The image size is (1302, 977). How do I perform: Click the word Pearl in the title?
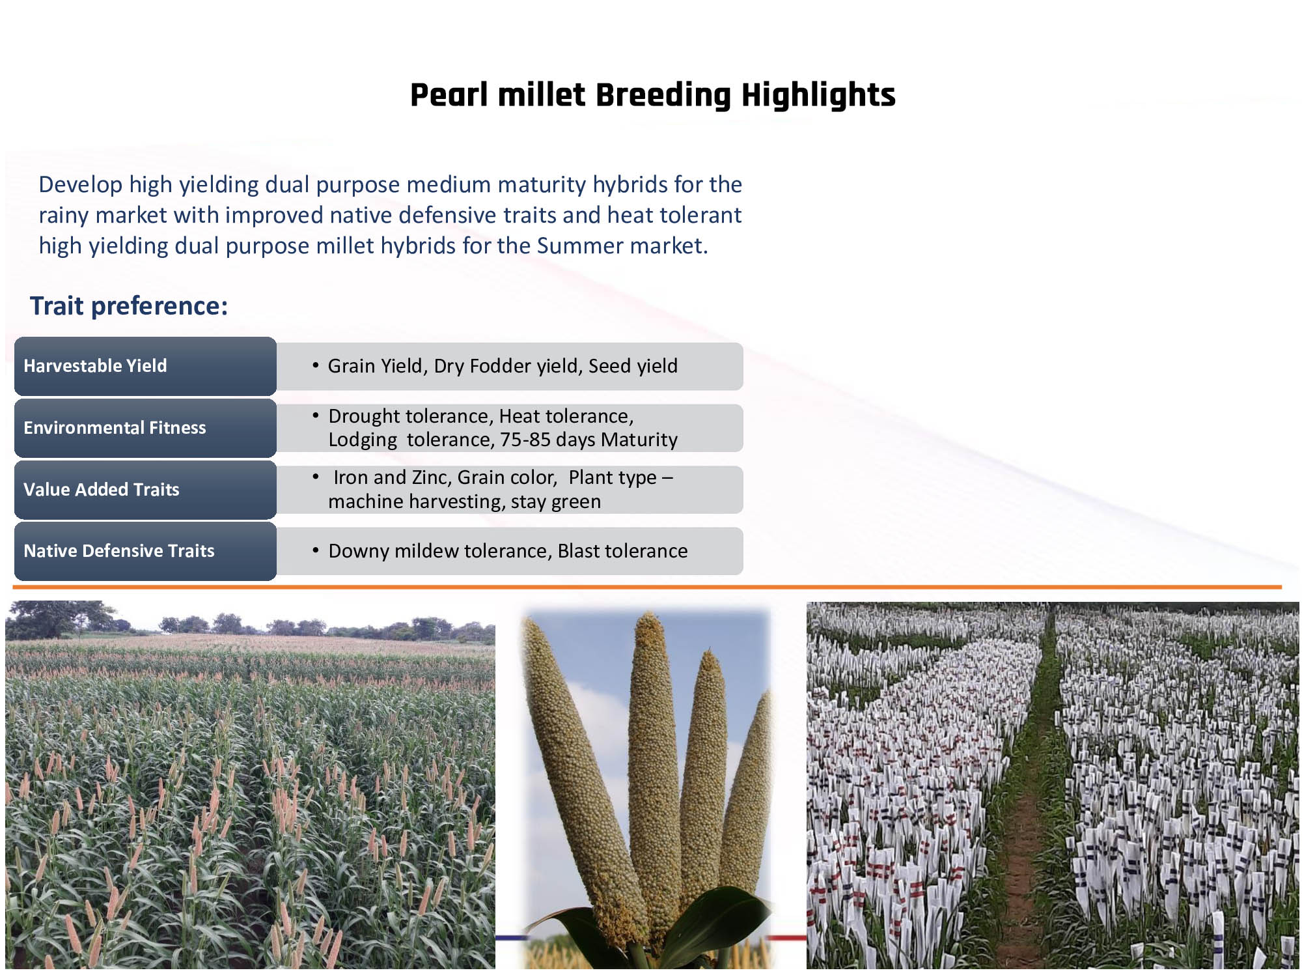point(449,95)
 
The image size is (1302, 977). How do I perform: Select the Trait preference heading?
point(129,306)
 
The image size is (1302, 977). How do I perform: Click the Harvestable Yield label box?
point(145,366)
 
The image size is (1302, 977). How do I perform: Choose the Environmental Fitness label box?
point(145,428)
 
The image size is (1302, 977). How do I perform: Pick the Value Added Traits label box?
point(145,490)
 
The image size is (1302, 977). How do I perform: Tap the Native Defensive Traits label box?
point(145,551)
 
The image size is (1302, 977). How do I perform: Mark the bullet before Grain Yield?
point(315,365)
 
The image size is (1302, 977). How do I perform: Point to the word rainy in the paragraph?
point(64,216)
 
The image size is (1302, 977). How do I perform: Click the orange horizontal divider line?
point(647,588)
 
